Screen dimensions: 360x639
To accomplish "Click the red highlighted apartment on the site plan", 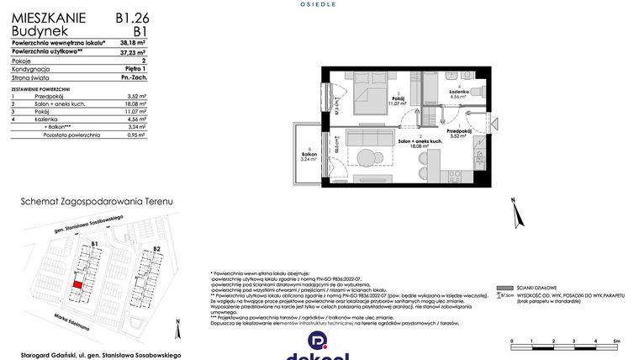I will pyautogui.click(x=77, y=286).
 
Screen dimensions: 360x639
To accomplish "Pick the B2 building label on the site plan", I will pyautogui.click(x=156, y=249).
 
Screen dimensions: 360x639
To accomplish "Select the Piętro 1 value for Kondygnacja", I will pyautogui.click(x=135, y=70).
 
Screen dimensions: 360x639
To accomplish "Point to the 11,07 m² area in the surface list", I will pyautogui.click(x=135, y=111).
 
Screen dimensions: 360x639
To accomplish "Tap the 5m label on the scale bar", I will pyautogui.click(x=615, y=341).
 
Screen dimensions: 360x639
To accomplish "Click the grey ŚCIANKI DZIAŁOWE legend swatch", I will pyautogui.click(x=504, y=287).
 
